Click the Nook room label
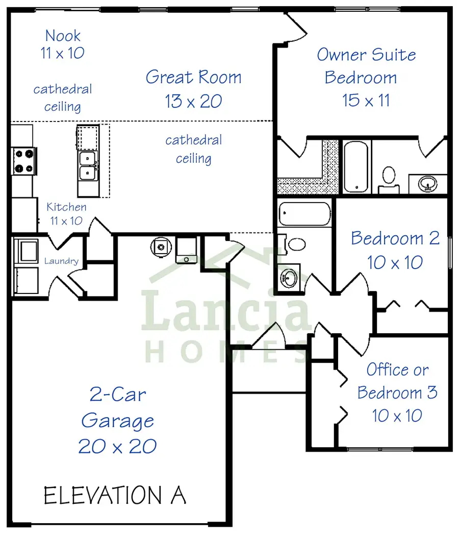[x=63, y=36]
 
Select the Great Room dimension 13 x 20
[x=193, y=101]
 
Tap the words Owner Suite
[x=366, y=55]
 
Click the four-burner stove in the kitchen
[x=23, y=160]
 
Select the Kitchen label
[x=66, y=207]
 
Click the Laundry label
[x=61, y=261]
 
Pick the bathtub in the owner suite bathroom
[x=355, y=166]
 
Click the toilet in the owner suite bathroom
[x=389, y=177]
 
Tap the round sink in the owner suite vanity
[x=427, y=183]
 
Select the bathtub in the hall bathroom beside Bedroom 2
[x=305, y=214]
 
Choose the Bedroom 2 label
[x=395, y=238]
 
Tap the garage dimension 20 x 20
[x=117, y=446]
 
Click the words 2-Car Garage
[x=117, y=408]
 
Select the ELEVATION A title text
[x=115, y=496]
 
